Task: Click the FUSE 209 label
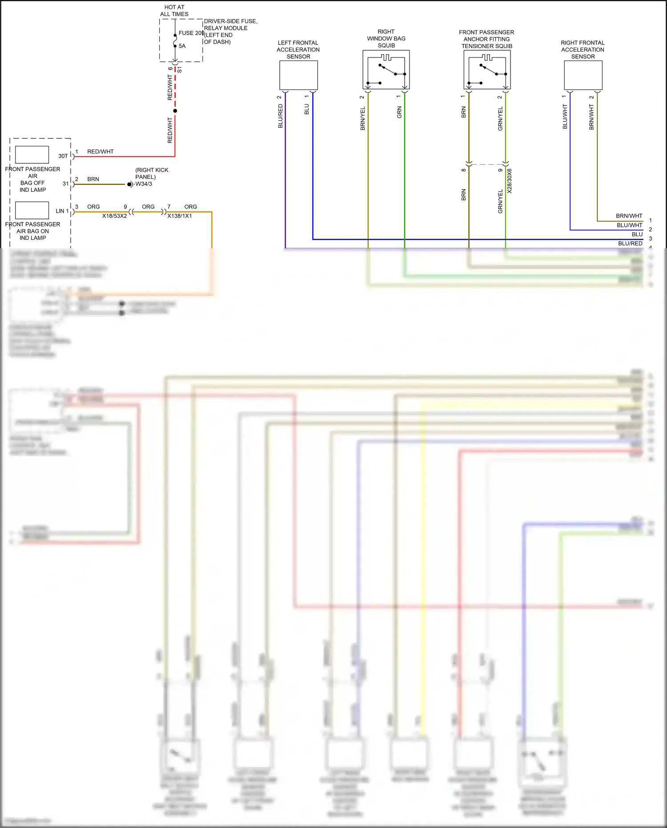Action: coord(191,33)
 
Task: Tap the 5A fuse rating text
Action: coord(182,46)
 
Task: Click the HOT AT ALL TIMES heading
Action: coord(174,11)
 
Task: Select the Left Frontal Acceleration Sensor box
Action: coord(298,75)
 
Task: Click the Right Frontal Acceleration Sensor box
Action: coord(583,75)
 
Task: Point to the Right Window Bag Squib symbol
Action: coord(386,70)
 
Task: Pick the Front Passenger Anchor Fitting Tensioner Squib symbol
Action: coord(487,70)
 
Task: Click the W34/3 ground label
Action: coord(144,184)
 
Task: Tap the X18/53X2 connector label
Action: coord(114,216)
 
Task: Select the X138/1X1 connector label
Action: coord(180,216)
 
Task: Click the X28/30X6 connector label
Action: coord(510,181)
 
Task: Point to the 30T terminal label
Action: coord(63,156)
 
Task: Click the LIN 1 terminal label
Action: coord(62,211)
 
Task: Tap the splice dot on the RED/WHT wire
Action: coord(175,111)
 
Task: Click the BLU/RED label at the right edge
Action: coord(630,243)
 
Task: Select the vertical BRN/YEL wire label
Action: coord(363,118)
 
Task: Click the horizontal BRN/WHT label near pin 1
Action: coord(629,216)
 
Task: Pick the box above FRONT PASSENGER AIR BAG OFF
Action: coord(32,155)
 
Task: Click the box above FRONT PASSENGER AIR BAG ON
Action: coord(32,210)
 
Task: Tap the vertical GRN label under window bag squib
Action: coord(399,112)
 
